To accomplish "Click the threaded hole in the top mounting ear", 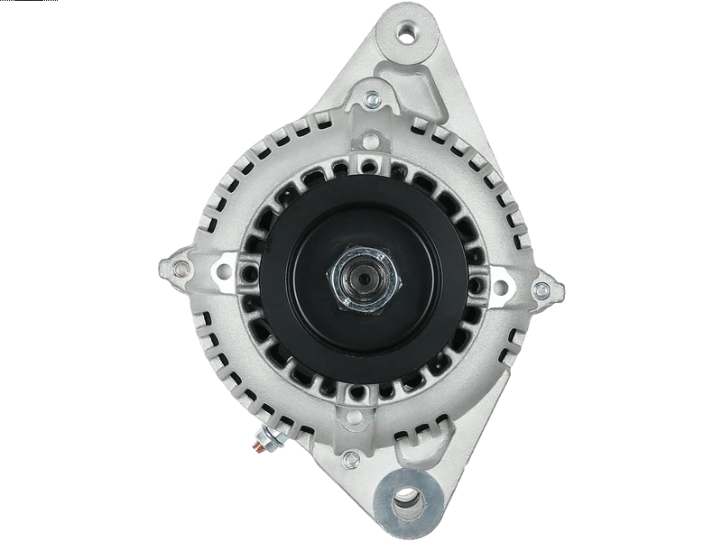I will (411, 34).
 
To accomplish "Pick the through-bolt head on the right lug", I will (541, 289).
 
